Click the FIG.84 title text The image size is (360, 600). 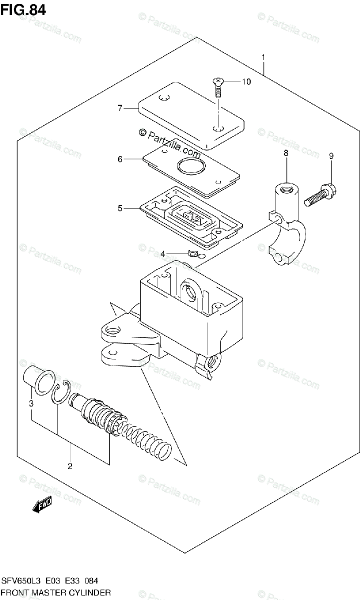tap(23, 9)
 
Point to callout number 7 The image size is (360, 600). tap(120, 107)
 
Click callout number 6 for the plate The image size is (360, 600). tap(120, 159)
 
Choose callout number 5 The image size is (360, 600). tap(120, 208)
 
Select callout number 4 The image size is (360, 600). tap(162, 254)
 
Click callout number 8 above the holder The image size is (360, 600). tap(285, 154)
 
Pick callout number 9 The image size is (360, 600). tap(330, 156)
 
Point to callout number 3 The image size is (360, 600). tap(30, 403)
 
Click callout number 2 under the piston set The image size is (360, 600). tap(70, 466)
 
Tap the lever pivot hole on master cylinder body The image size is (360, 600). tap(112, 330)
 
